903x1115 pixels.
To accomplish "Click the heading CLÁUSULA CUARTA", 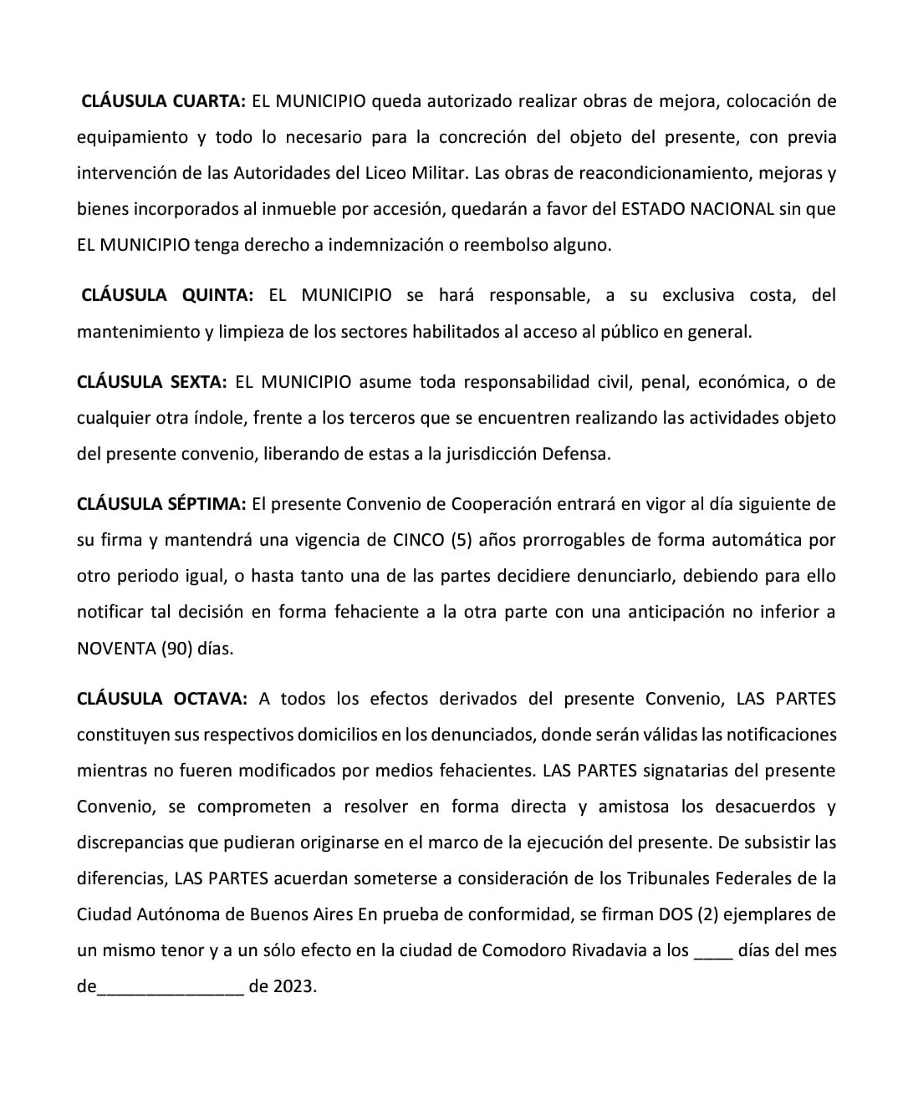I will tap(162, 102).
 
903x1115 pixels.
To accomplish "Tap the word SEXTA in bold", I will tap(198, 382).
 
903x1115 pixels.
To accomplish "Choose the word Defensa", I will tap(576, 455).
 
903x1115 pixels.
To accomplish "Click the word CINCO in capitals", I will tap(418, 540).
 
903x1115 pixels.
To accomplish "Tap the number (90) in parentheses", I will tap(176, 649).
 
